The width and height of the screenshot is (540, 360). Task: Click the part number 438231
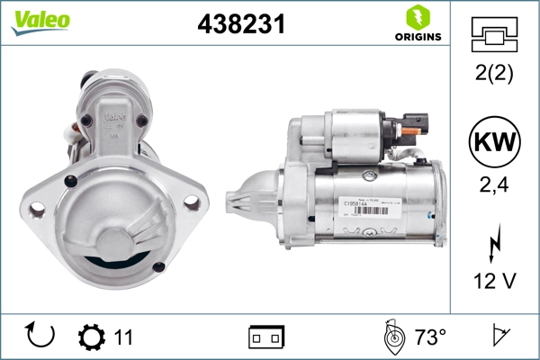tap(241, 25)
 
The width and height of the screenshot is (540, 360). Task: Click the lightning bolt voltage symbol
tap(492, 246)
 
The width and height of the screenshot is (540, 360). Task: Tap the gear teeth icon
tap(91, 337)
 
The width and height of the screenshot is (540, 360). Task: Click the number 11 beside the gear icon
tap(123, 337)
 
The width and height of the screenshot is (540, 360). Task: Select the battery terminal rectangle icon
tap(266, 337)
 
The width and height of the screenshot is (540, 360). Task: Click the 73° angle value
tap(430, 337)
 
